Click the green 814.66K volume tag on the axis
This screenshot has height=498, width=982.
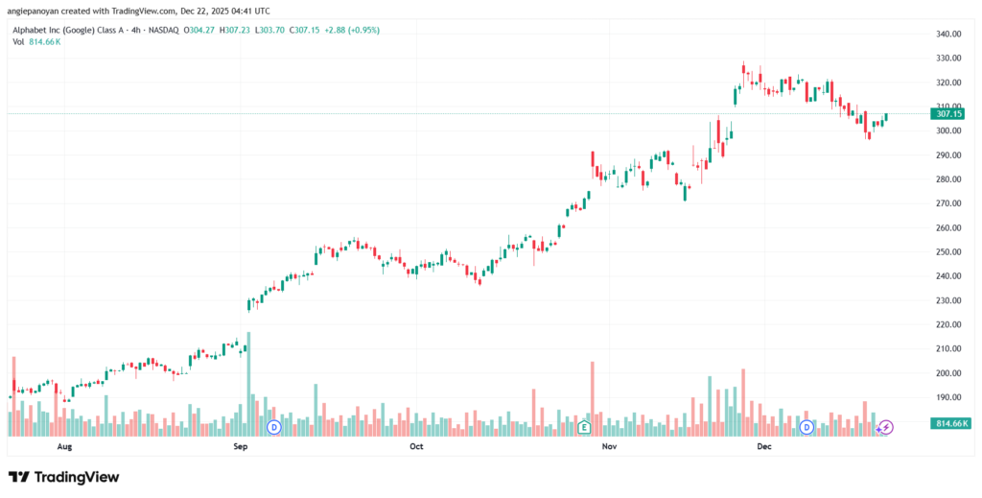pyautogui.click(x=949, y=423)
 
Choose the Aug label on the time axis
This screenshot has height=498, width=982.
pyautogui.click(x=64, y=447)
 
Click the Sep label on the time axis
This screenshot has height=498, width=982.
pyautogui.click(x=241, y=447)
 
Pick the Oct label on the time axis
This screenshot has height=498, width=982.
pyautogui.click(x=416, y=447)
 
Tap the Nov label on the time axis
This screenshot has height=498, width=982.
pyautogui.click(x=608, y=447)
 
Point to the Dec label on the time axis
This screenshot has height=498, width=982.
pyautogui.click(x=764, y=447)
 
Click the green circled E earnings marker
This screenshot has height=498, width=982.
pyautogui.click(x=583, y=426)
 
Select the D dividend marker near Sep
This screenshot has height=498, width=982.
pyautogui.click(x=273, y=426)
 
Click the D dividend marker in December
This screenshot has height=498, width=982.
pyautogui.click(x=807, y=426)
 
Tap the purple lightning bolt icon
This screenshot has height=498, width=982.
pyautogui.click(x=886, y=426)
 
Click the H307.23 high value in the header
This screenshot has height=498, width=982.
pyautogui.click(x=236, y=29)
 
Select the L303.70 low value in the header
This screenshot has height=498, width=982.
pyautogui.click(x=278, y=29)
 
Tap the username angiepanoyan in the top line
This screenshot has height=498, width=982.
pyautogui.click(x=38, y=11)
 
